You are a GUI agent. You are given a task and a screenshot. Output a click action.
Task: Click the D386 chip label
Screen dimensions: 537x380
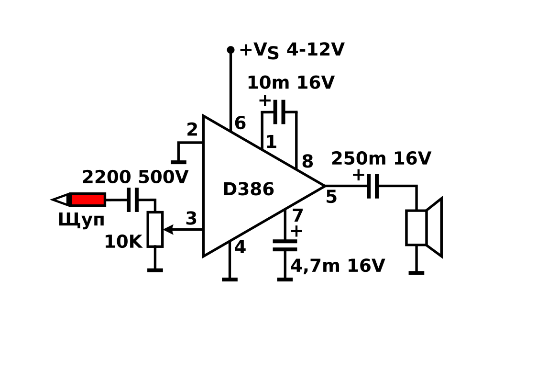pos(248,189)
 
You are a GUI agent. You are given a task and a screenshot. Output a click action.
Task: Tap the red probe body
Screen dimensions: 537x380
pos(88,200)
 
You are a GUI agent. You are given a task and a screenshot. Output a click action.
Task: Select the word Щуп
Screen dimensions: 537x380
pos(81,220)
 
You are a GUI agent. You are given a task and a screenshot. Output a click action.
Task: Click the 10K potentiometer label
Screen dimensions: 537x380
pos(123,242)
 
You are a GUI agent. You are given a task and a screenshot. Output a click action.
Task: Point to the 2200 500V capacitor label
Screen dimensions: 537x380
pos(135,177)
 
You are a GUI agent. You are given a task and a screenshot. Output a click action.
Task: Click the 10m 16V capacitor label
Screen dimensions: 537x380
pos(290,83)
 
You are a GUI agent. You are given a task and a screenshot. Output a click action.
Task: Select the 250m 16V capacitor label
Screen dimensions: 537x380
pos(381,158)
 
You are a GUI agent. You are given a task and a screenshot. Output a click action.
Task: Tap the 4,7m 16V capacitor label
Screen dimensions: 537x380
pos(338,266)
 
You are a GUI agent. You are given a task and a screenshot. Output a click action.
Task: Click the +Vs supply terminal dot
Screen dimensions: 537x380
pos(231,50)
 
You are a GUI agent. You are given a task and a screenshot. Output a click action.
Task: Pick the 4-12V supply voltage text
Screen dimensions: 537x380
pos(315,50)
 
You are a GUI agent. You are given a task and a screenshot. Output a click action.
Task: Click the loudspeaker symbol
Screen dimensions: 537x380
pos(424,227)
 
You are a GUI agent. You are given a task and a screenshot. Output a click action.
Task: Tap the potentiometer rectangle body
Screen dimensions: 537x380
pos(155,229)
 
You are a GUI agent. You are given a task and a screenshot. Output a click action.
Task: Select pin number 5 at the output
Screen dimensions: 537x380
pos(331,197)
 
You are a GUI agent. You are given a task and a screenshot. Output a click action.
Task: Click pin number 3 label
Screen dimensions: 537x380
pos(191,219)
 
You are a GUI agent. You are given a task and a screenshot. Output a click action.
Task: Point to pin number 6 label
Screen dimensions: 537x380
pos(240,123)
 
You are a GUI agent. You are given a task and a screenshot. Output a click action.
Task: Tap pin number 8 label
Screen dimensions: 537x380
pos(307,161)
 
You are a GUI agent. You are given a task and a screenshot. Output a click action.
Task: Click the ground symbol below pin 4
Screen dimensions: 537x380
pos(230,279)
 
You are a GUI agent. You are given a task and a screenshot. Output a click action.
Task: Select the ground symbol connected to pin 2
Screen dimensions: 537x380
pos(178,162)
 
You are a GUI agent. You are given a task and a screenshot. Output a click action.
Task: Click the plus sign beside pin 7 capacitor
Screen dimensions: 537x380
pos(296,232)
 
